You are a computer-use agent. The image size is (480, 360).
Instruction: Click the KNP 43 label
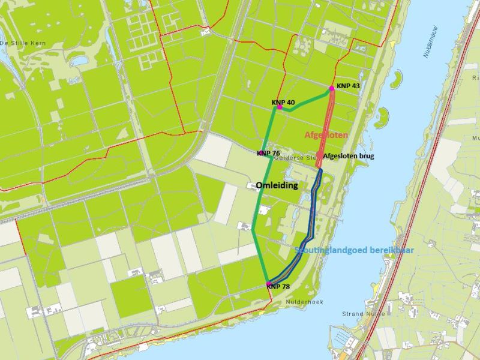coord(348,86)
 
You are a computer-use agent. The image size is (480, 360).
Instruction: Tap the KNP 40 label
coord(283,103)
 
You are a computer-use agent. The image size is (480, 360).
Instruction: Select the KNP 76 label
coord(268,154)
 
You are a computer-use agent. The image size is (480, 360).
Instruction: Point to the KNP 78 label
coord(278,287)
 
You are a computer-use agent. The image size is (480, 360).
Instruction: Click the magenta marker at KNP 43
coord(331,88)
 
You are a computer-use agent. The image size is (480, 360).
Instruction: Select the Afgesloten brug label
coord(350,156)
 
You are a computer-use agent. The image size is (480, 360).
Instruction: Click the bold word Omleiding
coord(277,185)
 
